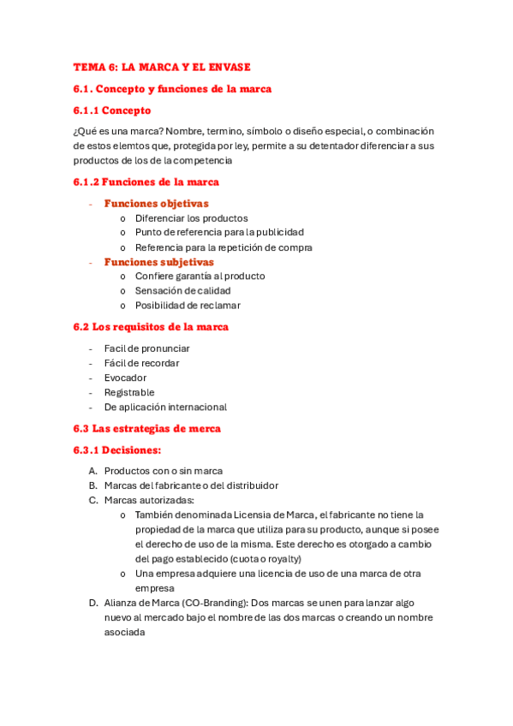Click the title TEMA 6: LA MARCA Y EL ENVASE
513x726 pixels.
(162, 67)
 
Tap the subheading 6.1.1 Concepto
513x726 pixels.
(112, 110)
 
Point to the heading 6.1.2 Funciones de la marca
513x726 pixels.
(146, 181)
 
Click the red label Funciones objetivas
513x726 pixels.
(156, 204)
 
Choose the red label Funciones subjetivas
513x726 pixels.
(158, 262)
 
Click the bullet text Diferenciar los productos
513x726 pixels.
(191, 218)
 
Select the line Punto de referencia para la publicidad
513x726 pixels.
(219, 232)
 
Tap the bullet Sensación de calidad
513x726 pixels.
(182, 291)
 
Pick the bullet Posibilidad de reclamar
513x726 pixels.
(188, 306)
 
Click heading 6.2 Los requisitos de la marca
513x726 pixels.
(151, 327)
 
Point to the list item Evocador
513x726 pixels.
(125, 378)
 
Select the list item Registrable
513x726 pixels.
(129, 392)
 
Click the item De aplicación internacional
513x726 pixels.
(165, 407)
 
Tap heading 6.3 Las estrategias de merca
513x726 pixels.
(147, 428)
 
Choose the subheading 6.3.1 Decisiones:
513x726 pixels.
(117, 449)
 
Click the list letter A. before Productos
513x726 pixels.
(92, 471)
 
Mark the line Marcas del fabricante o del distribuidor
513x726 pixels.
(191, 485)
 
